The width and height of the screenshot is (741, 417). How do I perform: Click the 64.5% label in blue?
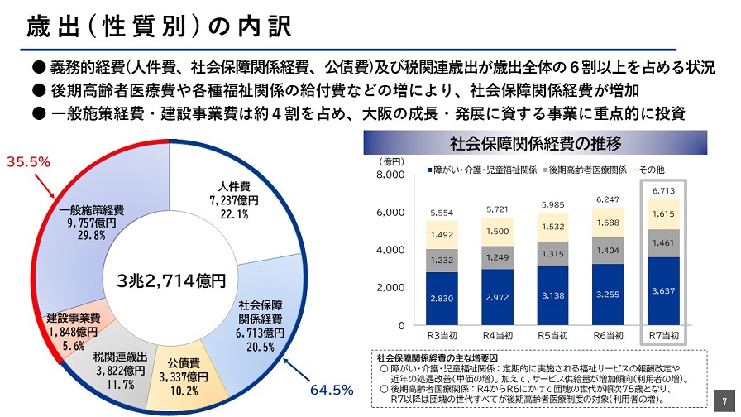[x=332, y=388]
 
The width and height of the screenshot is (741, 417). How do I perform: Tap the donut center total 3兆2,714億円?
[x=171, y=280]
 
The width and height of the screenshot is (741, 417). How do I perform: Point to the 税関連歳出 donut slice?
[x=120, y=370]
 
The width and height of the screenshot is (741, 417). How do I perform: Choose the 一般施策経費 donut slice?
[x=93, y=222]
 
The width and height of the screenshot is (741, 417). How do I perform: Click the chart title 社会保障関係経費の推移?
[x=536, y=144]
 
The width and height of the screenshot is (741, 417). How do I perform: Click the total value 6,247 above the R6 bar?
[x=608, y=199]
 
